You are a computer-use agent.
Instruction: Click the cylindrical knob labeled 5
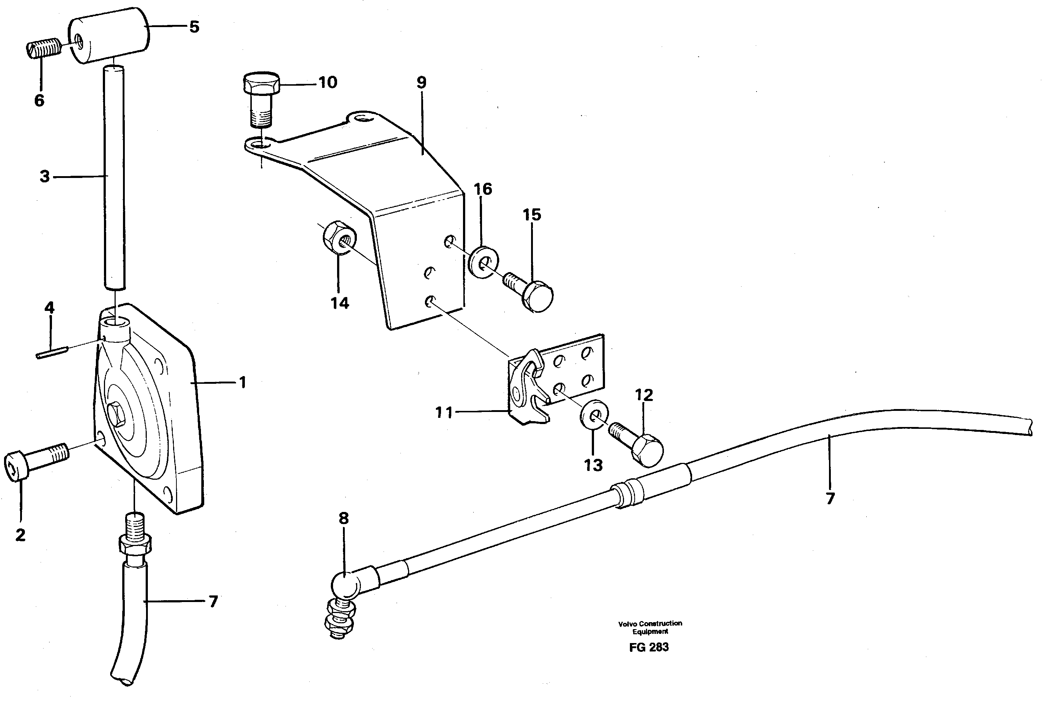[x=109, y=36]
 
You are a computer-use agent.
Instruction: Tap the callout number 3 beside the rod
[x=44, y=177]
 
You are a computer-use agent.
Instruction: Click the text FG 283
[x=649, y=647]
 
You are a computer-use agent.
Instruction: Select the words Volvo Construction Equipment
[x=650, y=627]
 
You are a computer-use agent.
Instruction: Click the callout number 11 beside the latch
[x=444, y=412]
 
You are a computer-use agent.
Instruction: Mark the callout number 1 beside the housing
[x=242, y=383]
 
